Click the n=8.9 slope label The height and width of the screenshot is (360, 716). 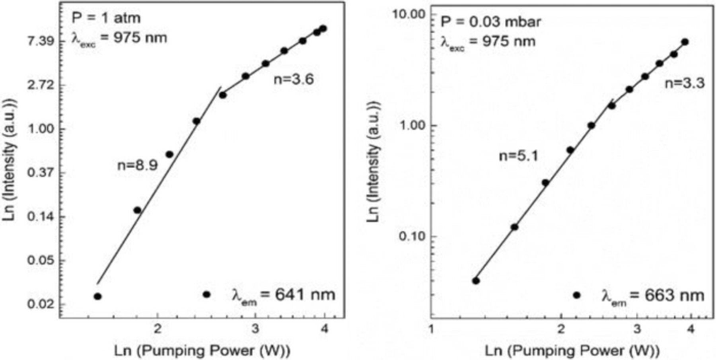point(137,165)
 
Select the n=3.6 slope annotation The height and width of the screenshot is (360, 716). point(294,79)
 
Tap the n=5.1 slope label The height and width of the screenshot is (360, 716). point(518,156)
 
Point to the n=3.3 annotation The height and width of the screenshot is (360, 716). point(685,83)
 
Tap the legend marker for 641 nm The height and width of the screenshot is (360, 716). point(206,295)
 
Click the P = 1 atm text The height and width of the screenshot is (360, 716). point(106,18)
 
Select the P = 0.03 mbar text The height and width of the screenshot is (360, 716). point(490,21)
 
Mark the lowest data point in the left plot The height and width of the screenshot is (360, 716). point(97,296)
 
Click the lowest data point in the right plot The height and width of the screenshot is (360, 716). point(476,281)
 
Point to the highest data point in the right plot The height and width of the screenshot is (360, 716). point(685,42)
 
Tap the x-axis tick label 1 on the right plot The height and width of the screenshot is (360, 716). point(431,329)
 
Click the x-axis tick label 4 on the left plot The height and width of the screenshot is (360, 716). point(325,329)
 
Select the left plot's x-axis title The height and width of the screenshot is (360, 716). point(202,351)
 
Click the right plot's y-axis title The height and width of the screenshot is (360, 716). point(374,161)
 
